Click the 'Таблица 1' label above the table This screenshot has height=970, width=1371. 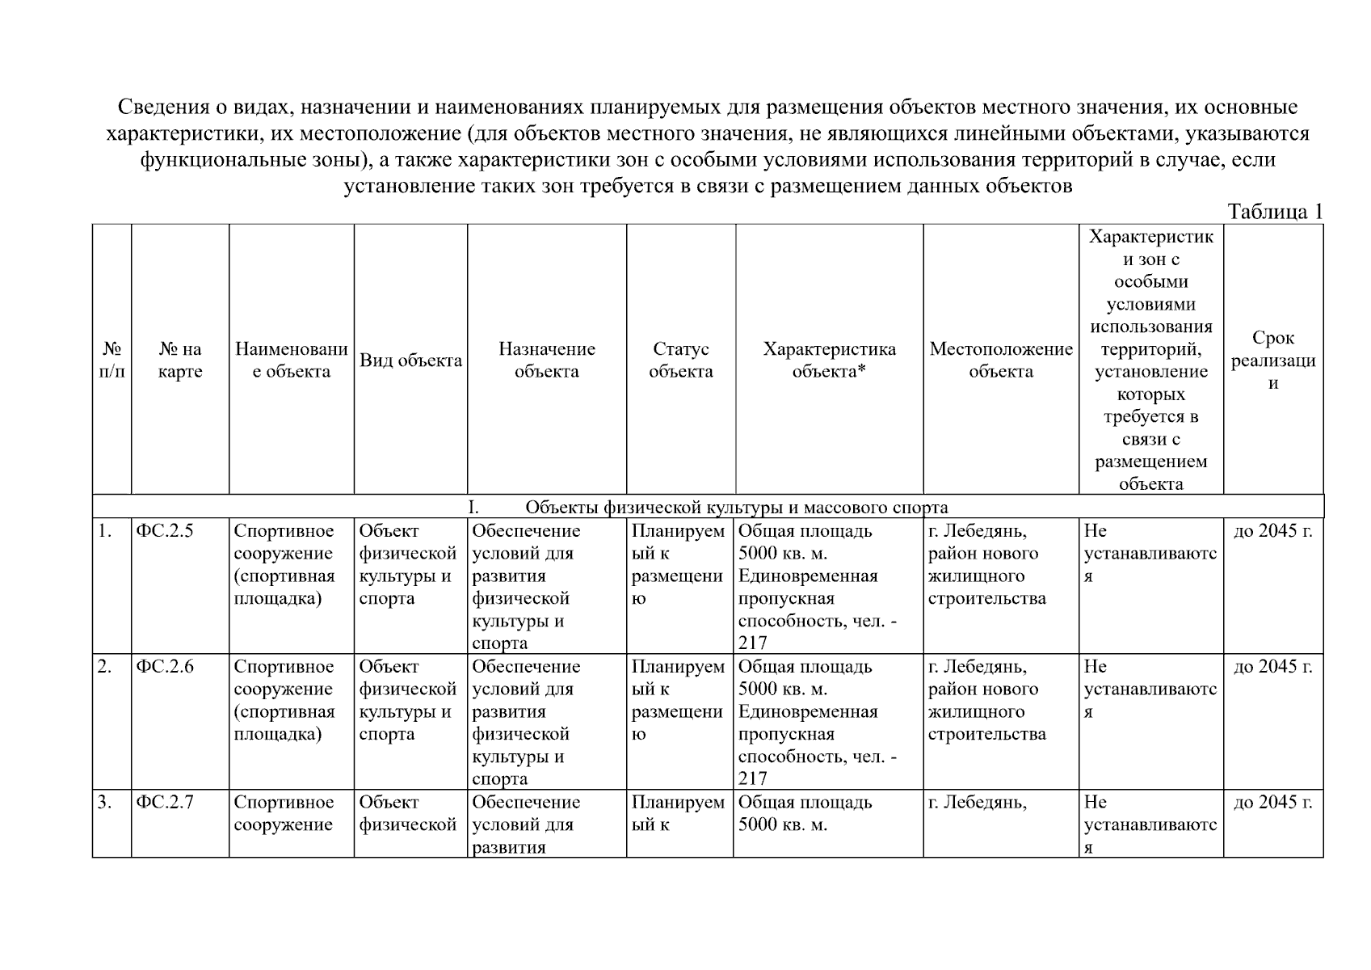1274,212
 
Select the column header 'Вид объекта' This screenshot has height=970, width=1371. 410,361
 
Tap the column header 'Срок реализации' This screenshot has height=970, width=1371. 1272,361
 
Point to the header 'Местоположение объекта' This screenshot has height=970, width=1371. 1000,361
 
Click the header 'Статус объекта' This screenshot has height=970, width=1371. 680,361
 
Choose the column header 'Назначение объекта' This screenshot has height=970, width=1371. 546,361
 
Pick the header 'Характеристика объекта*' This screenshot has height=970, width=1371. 829,361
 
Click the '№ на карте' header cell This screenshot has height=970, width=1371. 180,361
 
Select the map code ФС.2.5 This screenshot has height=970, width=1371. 165,531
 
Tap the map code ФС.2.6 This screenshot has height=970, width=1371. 165,667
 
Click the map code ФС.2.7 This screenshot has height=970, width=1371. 165,803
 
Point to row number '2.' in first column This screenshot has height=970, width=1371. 104,667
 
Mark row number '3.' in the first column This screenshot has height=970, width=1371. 104,803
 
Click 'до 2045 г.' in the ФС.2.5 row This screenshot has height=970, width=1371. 1273,531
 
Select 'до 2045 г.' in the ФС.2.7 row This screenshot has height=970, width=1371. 1273,803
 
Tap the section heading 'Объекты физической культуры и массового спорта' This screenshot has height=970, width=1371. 736,508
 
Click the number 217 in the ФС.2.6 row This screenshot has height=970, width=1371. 752,779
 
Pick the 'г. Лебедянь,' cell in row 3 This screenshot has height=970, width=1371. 977,803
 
